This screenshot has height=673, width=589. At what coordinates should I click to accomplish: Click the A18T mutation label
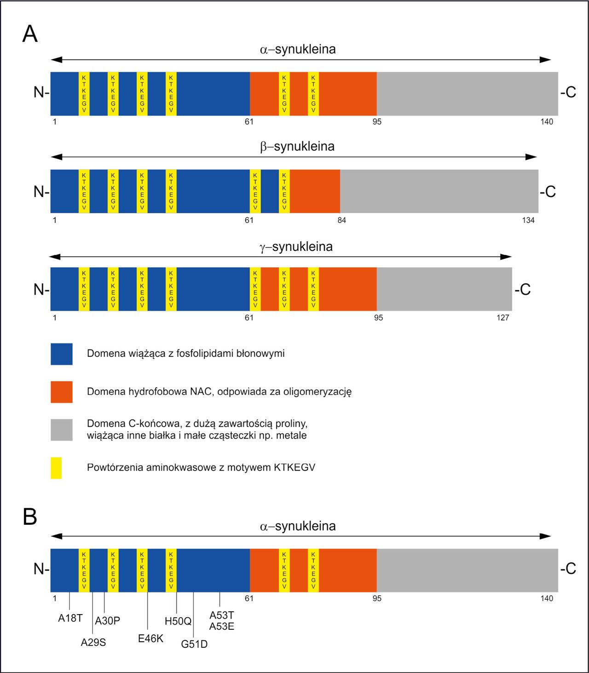point(70,618)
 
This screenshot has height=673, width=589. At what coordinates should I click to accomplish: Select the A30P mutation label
point(107,621)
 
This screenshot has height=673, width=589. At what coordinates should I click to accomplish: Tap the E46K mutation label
point(150,638)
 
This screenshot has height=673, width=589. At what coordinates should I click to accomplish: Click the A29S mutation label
point(93,642)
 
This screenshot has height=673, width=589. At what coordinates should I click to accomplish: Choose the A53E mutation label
point(222,626)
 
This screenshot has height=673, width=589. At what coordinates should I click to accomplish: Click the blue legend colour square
point(62,354)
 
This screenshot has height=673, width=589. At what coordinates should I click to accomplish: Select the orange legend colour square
point(62,392)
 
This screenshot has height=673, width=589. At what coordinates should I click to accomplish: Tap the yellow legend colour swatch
point(56,468)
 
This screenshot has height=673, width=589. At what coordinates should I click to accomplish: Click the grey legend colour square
point(62,429)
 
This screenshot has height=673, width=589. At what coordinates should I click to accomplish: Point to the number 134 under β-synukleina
point(528,220)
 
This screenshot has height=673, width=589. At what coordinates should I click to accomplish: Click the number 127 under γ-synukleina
point(503,318)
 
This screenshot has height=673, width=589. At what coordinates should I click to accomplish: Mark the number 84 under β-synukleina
point(341,220)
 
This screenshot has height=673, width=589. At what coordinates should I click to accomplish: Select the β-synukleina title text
point(297,147)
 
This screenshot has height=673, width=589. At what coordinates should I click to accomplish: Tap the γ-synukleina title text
point(296,247)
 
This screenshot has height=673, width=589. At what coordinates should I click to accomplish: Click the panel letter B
point(30,517)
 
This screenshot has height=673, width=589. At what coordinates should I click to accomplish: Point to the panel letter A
point(30,34)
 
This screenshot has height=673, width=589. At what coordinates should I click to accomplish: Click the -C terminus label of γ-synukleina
point(523,290)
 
